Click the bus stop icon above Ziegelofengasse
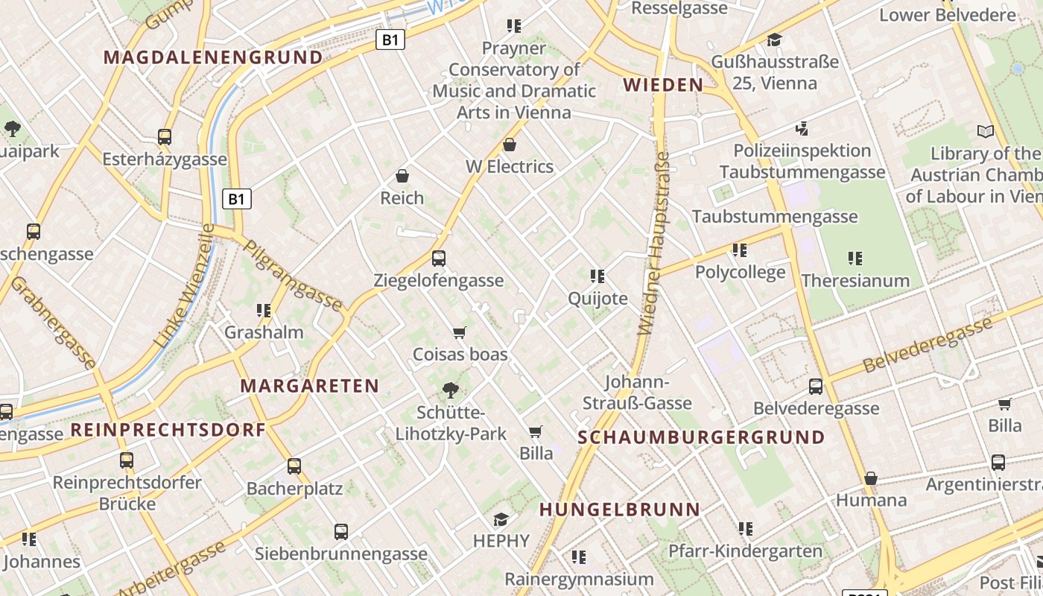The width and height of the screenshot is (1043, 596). click(x=439, y=259)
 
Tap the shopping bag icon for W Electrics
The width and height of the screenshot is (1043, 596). click(x=510, y=145)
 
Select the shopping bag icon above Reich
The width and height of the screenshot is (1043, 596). click(x=402, y=176)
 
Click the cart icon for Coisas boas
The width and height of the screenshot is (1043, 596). click(x=460, y=332)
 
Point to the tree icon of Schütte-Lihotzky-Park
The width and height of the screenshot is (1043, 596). click(x=450, y=390)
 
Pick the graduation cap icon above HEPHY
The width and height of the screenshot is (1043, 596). click(x=501, y=519)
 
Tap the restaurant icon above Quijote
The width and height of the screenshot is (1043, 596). click(x=597, y=276)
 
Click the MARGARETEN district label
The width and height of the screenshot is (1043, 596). click(x=310, y=386)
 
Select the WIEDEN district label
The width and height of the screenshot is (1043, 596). click(x=663, y=85)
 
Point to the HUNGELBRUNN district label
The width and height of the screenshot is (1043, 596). click(x=620, y=510)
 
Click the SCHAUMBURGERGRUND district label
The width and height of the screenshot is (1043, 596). click(x=701, y=437)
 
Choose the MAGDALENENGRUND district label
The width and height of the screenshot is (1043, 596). click(x=213, y=57)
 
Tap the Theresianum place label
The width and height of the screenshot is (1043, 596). click(x=855, y=281)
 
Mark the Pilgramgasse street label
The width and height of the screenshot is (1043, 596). click(x=293, y=276)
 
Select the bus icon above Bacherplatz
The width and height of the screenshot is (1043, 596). click(x=294, y=466)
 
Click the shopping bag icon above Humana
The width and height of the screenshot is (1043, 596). click(x=870, y=478)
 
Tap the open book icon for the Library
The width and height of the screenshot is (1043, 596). click(x=986, y=132)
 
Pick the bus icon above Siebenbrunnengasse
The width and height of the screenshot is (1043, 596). click(x=340, y=532)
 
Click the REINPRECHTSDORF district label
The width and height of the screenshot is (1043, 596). click(x=168, y=430)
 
